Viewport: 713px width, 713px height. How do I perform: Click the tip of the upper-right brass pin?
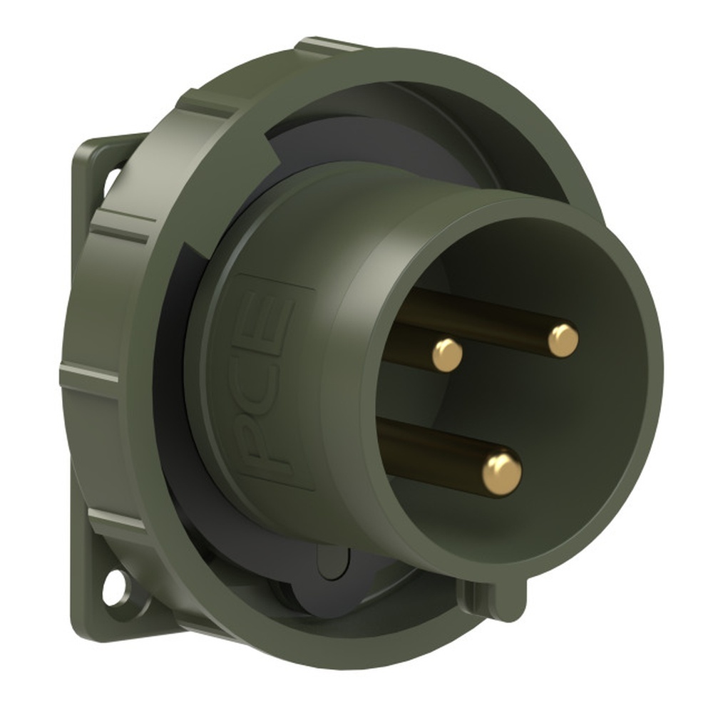[563, 340]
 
